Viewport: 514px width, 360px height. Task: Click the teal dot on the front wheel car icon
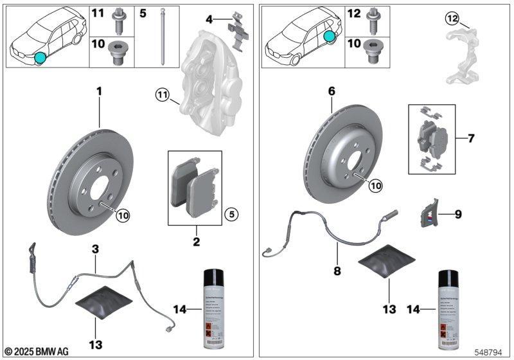coord(40,59)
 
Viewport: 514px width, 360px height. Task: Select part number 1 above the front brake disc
coord(100,93)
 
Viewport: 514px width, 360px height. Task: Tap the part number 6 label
coord(332,93)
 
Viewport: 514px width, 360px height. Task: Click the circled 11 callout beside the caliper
coord(161,97)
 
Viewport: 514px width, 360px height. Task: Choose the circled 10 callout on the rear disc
coord(375,185)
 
